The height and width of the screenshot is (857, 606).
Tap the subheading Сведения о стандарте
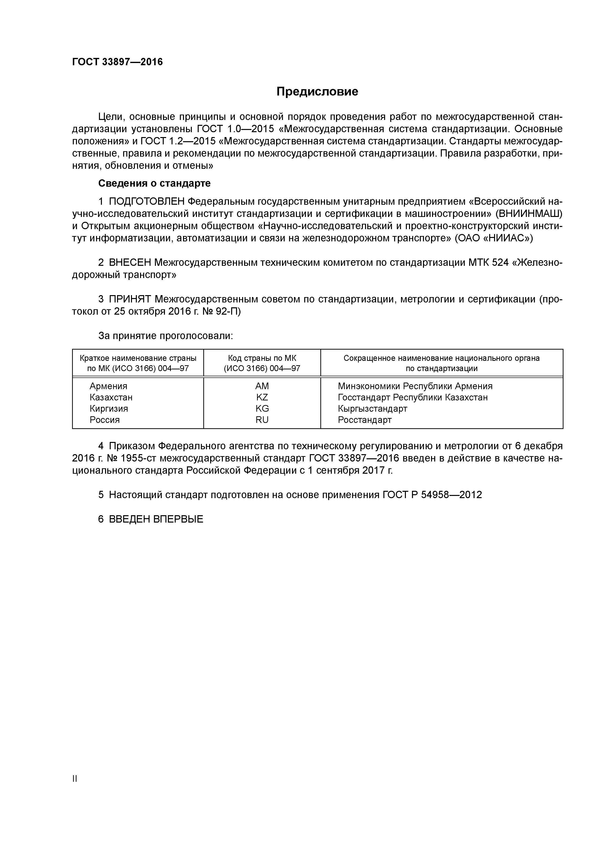154,183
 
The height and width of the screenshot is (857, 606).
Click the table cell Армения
108,386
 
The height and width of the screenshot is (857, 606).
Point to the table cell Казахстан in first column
111,397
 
